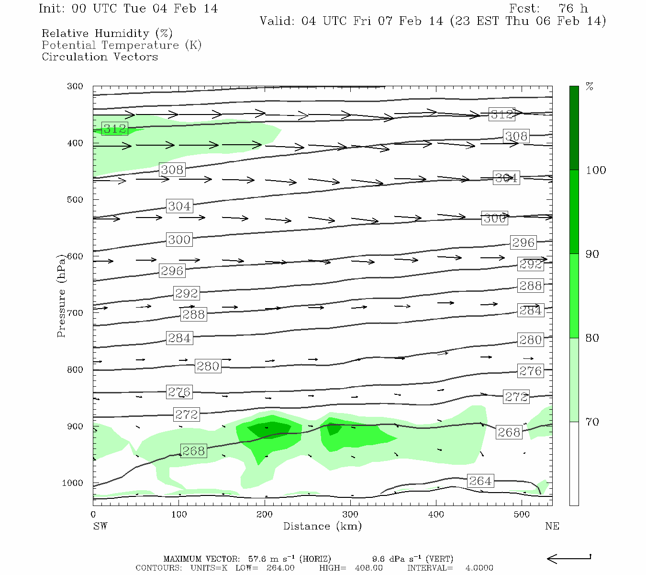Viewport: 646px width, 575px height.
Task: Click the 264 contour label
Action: [480, 481]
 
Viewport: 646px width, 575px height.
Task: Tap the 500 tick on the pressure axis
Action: [75, 199]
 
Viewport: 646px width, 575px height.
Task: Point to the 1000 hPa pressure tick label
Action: [73, 483]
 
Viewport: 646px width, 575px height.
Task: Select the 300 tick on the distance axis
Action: [350, 515]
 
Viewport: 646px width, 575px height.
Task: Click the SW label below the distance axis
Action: [100, 526]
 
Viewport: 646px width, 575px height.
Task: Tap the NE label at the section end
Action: [552, 526]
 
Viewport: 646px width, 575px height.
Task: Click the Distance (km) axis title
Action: [322, 526]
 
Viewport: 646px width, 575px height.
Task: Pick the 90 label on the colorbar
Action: [592, 254]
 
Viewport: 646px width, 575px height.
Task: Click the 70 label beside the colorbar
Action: [592, 422]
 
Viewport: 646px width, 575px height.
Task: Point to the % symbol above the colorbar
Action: [590, 87]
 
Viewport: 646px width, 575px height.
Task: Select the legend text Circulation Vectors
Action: [100, 57]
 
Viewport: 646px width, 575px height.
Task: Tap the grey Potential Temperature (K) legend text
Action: [122, 45]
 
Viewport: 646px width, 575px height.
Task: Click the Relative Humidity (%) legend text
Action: [107, 34]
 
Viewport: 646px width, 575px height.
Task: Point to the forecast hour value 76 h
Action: [573, 9]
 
